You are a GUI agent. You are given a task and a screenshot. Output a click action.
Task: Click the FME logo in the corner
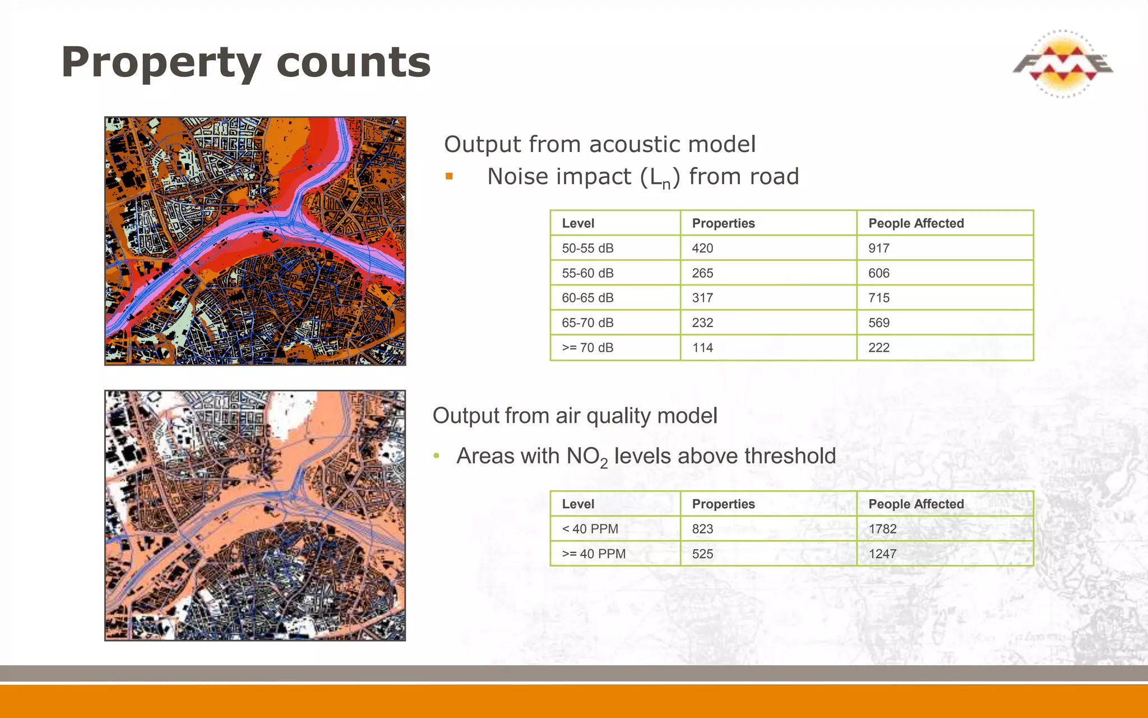coord(1062,64)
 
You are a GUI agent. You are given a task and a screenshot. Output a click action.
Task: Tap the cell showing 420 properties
coord(702,248)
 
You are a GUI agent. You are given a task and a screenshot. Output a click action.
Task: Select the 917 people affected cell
coord(878,248)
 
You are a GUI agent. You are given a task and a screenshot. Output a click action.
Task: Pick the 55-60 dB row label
coord(587,273)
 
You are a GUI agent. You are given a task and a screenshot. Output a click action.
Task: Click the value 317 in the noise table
coord(702,298)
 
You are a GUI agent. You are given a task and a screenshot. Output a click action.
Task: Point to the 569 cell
coord(878,323)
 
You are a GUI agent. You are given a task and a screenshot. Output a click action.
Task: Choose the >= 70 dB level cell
coord(587,348)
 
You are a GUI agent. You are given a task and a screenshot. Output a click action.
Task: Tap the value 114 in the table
coord(702,348)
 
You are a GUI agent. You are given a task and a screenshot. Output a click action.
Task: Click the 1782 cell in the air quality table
coord(882,529)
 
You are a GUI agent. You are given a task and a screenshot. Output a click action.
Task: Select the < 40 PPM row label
coord(590,529)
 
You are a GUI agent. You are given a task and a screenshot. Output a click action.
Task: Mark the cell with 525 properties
coord(702,554)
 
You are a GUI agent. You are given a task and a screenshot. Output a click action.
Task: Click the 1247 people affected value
coord(882,554)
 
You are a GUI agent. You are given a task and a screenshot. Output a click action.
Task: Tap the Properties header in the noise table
coord(723,223)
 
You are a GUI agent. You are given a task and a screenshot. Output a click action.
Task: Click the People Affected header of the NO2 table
coord(916,504)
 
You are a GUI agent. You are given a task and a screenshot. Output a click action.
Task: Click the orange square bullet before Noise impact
coord(449,177)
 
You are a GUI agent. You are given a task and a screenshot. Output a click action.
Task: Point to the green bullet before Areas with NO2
coord(437,456)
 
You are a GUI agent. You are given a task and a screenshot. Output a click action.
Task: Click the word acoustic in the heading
coord(633,145)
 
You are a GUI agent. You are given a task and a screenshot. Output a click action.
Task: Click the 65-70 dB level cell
coord(587,323)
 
